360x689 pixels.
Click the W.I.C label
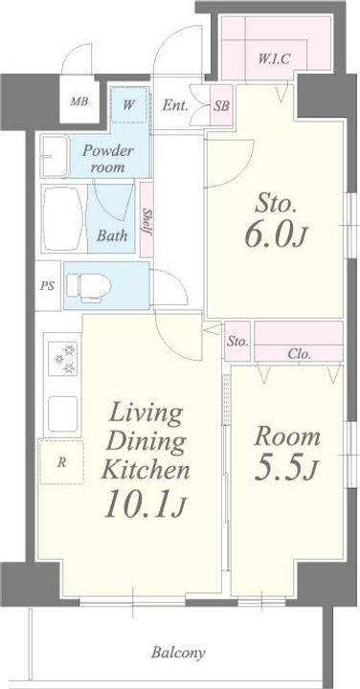274,58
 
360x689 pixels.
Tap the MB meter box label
79,101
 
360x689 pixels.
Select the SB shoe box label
222,105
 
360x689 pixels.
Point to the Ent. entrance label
175,105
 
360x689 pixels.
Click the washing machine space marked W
128,105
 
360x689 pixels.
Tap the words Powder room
107,159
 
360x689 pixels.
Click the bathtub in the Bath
64,218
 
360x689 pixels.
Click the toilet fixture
88,286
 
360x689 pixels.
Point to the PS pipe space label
48,286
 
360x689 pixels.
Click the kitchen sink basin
63,413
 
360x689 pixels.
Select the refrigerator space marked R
61,462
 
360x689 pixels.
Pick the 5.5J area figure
285,469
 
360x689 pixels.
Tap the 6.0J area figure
274,237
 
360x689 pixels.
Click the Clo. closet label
300,355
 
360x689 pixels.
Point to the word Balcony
178,653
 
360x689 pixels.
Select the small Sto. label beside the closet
237,342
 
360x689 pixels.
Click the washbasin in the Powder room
54,156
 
